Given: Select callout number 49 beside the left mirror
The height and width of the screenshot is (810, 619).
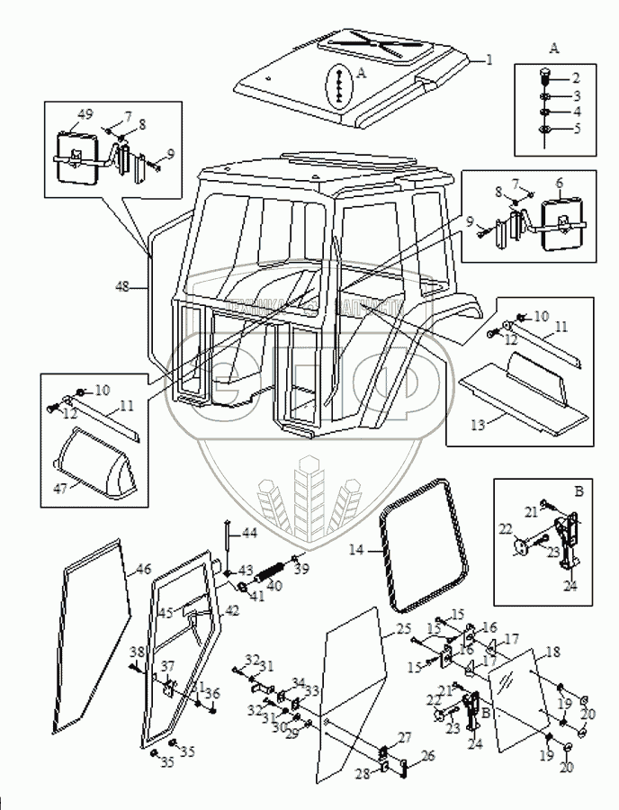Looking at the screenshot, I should (85, 114).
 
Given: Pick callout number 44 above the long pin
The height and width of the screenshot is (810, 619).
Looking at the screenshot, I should (249, 534).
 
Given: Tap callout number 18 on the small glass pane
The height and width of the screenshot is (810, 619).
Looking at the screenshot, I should (552, 651).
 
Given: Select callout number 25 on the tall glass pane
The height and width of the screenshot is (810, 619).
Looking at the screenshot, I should (403, 627).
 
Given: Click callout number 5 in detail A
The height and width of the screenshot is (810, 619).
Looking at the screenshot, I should (577, 129).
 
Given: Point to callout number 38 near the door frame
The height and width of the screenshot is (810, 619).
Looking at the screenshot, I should (137, 652).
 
